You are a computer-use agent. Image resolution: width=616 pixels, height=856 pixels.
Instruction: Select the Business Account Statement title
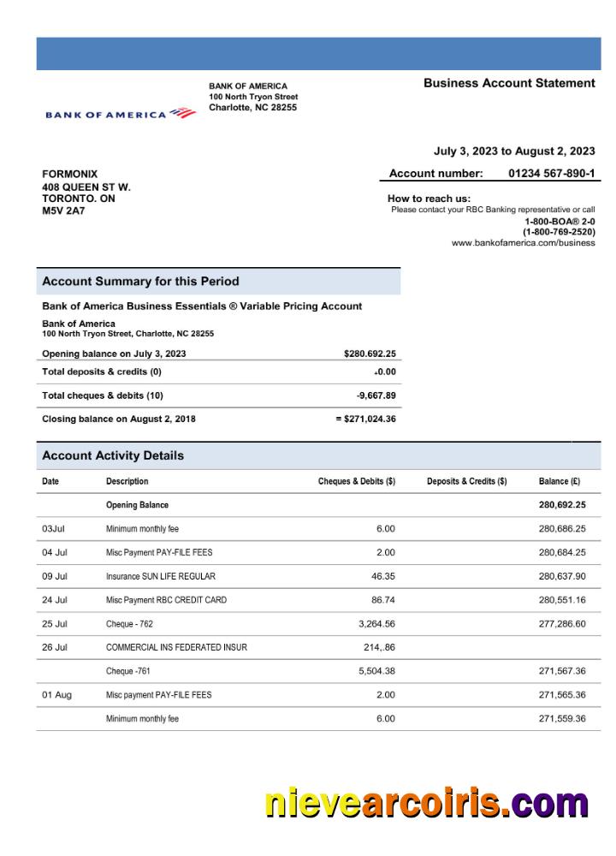(509, 83)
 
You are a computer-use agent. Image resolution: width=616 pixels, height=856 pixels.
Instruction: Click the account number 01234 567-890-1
(552, 174)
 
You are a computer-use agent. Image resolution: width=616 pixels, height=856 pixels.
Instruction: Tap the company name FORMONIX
(70, 175)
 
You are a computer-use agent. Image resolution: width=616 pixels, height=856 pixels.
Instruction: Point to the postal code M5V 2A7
(64, 211)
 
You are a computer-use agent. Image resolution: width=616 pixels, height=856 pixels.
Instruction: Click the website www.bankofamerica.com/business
(523, 243)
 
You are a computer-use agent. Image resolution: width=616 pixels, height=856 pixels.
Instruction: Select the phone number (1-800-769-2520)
(559, 232)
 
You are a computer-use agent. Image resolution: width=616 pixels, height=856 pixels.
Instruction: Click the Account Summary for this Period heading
(140, 282)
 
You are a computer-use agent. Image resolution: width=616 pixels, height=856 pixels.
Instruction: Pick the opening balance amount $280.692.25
(370, 354)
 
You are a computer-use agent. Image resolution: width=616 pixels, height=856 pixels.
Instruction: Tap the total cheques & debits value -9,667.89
(376, 395)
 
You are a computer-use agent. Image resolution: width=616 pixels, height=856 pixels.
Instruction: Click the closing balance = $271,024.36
(365, 419)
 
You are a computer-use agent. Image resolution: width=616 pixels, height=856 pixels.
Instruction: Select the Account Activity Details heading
(113, 455)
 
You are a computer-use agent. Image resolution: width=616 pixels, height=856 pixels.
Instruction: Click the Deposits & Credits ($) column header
(466, 481)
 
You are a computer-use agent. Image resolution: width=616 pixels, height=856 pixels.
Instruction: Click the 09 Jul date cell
(55, 576)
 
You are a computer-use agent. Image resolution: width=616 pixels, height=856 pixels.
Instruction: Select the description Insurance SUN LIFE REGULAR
(161, 576)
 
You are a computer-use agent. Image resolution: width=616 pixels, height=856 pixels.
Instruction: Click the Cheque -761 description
(129, 671)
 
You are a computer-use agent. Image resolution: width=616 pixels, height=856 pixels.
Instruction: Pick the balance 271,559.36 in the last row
(562, 718)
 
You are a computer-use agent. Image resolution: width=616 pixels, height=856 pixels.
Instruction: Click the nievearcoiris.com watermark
(426, 804)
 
